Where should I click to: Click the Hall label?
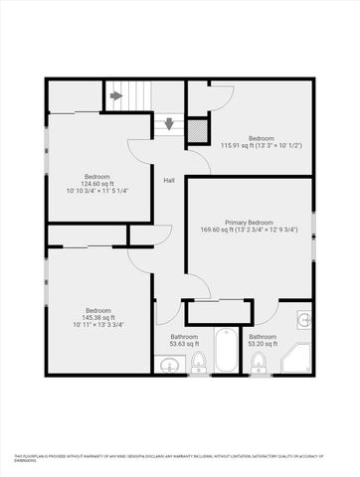pyautogui.click(x=169, y=180)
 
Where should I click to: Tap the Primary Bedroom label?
pyautogui.click(x=249, y=223)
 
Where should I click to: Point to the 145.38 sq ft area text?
pyautogui.click(x=99, y=317)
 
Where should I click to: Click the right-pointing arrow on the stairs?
pyautogui.click(x=116, y=96)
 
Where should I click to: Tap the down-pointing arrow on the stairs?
pyautogui.click(x=169, y=124)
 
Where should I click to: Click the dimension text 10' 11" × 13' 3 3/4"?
pyautogui.click(x=99, y=325)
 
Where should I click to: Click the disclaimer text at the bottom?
pyautogui.click(x=179, y=456)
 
